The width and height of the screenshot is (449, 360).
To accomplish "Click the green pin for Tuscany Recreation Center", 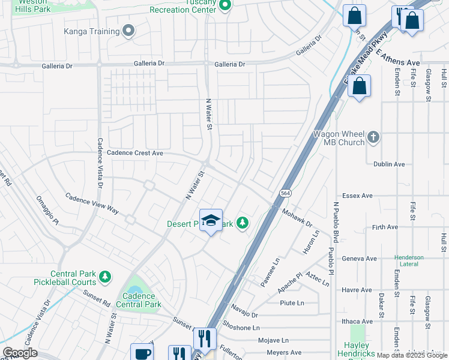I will click(226, 6).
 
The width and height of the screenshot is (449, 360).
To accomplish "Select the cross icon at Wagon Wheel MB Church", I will click(373, 137).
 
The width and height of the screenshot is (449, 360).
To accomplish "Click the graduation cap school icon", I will click(211, 221).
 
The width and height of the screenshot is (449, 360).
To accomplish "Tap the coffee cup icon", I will click(142, 353).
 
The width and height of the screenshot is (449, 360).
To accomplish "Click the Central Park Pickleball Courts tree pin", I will click(105, 277).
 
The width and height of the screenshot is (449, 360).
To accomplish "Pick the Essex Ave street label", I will click(357, 196).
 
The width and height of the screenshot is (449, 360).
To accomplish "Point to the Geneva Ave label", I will click(359, 259).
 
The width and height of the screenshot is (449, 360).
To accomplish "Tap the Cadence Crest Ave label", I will click(135, 153).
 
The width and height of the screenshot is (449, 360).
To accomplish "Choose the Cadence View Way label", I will click(92, 203).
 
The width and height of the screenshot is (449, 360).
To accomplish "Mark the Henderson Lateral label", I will click(409, 261).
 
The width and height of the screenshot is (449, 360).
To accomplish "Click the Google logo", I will click(20, 353).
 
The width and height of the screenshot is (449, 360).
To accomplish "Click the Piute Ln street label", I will click(292, 303).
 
